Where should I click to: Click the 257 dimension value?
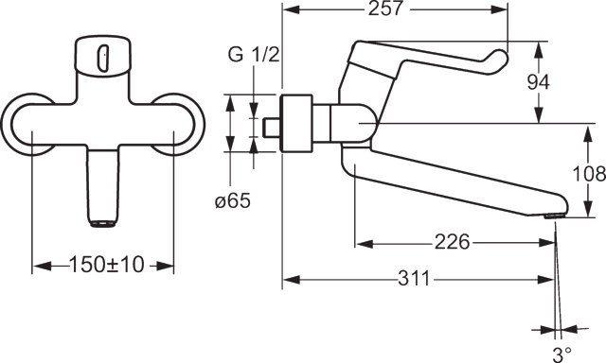pos(385,9)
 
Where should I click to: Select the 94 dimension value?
pos(539,82)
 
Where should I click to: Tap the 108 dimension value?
pos(589,174)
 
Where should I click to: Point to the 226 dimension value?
pos(453,242)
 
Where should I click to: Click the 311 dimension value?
pos(414,279)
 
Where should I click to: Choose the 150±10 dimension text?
pos(106,265)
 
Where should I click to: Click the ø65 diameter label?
pos(233,200)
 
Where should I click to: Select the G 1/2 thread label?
pos(254,55)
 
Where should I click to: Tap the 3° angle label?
pos(561,353)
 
